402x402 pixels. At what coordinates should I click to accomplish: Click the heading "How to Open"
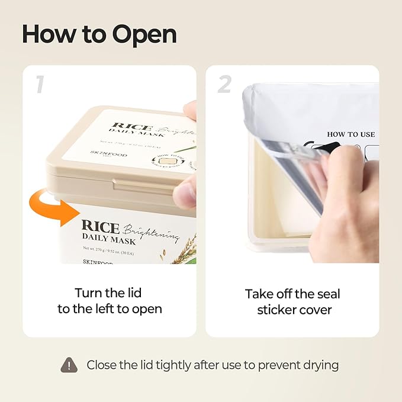99,34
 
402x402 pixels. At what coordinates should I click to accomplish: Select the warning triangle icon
69,365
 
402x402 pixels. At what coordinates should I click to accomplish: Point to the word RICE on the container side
100,227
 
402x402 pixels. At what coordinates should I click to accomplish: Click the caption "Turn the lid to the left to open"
109,301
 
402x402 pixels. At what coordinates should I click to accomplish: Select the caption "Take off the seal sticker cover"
292,301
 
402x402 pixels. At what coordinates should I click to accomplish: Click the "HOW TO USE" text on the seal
351,134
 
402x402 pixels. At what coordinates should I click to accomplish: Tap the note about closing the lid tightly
213,365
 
